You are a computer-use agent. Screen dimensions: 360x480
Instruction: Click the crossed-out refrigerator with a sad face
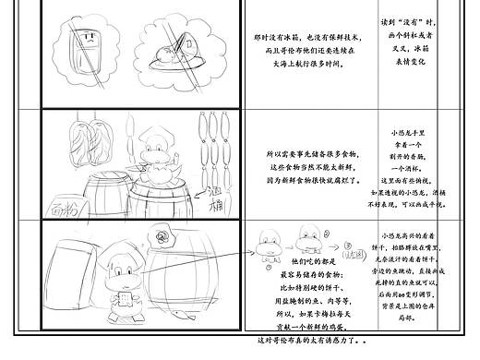[90, 46]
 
